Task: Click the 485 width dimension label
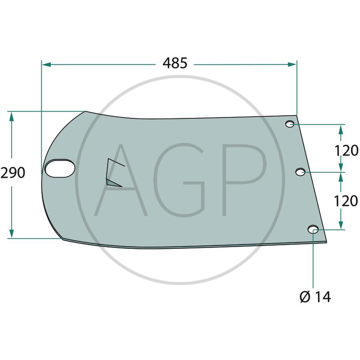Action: click(x=175, y=63)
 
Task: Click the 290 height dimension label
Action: click(x=13, y=173)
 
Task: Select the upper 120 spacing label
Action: click(x=346, y=151)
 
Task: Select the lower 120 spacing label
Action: click(x=346, y=201)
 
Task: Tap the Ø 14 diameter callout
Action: click(x=315, y=297)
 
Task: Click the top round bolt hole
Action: click(x=290, y=124)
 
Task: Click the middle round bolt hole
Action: click(x=300, y=172)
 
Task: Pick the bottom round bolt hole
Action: click(x=313, y=229)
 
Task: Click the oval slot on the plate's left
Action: click(x=60, y=168)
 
